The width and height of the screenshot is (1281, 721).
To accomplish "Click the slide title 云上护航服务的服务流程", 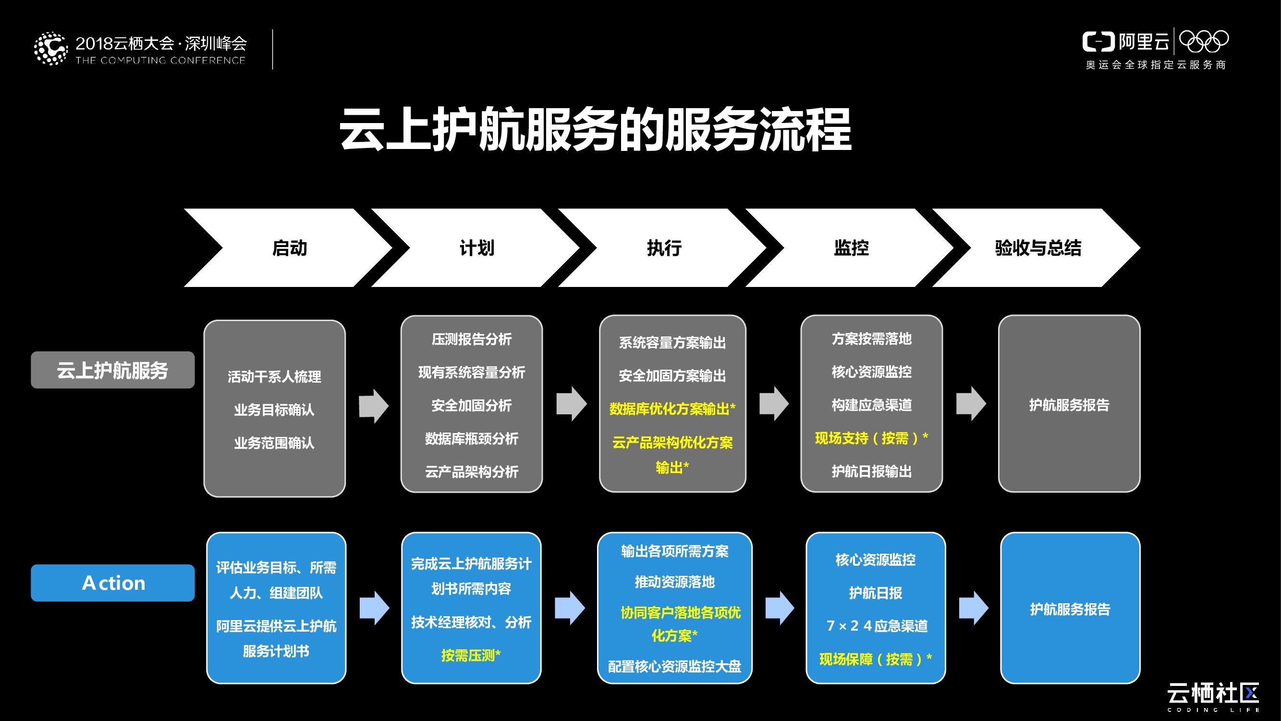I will point(596,130).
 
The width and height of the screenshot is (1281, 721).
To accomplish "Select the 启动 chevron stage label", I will point(290,248).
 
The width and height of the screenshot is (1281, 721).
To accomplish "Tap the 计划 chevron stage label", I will point(477,248).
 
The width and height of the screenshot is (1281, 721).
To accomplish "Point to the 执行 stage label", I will point(664,248).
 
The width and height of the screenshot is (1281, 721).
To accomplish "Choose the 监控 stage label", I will point(851,248).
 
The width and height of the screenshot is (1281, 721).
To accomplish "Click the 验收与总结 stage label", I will point(1038,248).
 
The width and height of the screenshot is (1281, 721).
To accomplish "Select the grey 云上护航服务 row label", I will point(112,370).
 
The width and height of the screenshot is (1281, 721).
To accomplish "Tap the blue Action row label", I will point(112,583).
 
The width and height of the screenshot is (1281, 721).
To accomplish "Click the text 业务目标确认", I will point(274,410).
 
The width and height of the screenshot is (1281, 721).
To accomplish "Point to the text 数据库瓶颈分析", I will point(471,439).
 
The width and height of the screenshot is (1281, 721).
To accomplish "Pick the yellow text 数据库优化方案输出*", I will point(672,409).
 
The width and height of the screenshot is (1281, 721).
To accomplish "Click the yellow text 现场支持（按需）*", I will point(871,438).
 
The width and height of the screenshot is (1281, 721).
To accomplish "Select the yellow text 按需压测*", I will point(470,655).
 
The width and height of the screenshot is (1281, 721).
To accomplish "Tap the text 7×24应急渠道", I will point(877,626).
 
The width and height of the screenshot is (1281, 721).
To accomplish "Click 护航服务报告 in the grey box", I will point(1069,405).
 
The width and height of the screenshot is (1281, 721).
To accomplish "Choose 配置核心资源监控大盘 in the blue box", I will point(674,666).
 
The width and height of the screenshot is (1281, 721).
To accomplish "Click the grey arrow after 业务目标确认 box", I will point(374,406).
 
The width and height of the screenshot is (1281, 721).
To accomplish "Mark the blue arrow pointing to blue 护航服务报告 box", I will point(973,608).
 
